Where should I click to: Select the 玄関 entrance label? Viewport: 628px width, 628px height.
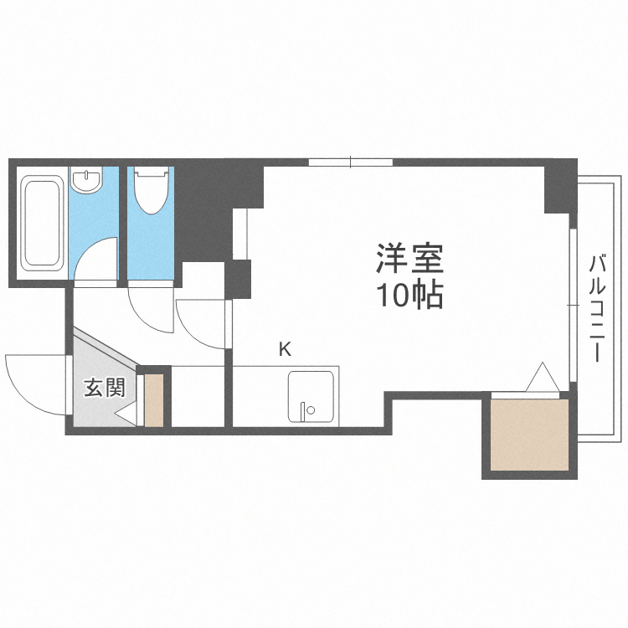(105, 388)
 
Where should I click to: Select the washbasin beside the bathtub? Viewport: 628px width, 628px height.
(86, 179)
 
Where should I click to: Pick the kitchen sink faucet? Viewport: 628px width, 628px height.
(306, 411)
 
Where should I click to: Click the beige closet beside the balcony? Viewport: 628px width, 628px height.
(529, 435)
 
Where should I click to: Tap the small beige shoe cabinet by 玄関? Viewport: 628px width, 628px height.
(154, 401)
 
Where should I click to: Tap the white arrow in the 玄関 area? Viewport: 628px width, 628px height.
(126, 414)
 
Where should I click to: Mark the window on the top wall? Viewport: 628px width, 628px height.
(350, 162)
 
